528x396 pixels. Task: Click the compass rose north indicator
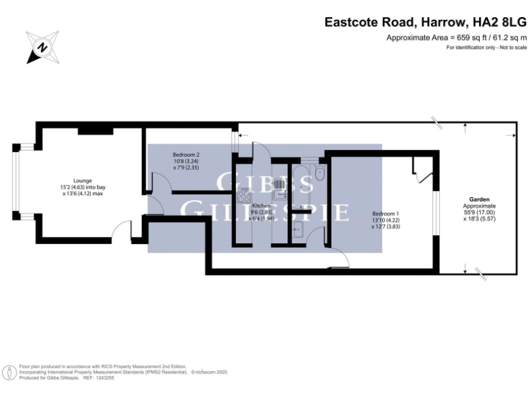(x=42, y=47)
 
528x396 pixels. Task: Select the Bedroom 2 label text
(x=185, y=155)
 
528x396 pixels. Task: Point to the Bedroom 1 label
(x=385, y=213)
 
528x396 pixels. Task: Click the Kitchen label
(x=261, y=206)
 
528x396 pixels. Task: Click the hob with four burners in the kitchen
(x=243, y=197)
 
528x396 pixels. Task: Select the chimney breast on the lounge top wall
(x=91, y=130)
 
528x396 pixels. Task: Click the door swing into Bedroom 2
(x=157, y=183)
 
